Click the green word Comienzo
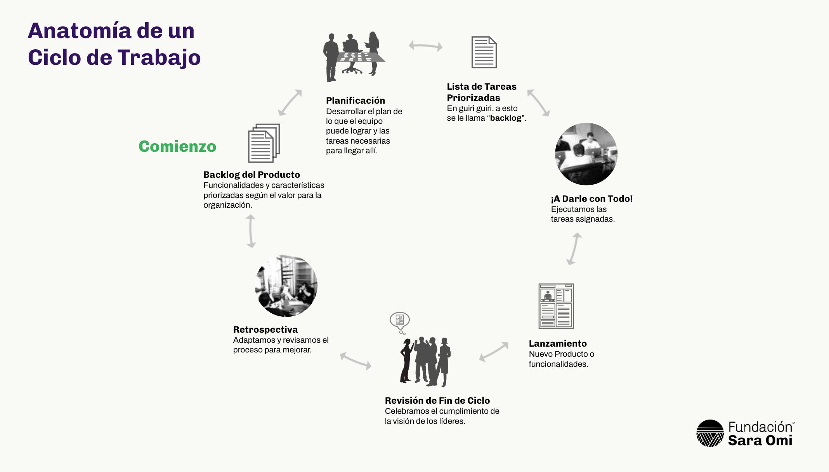(x=177, y=146)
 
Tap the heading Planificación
(x=355, y=101)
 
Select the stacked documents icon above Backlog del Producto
(x=264, y=143)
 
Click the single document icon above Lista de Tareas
(x=484, y=52)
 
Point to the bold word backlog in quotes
(x=505, y=118)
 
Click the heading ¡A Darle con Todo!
(x=591, y=199)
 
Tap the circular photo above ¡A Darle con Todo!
(x=586, y=154)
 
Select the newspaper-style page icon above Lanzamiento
(x=556, y=306)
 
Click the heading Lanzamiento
(x=557, y=344)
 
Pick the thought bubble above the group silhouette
(x=399, y=320)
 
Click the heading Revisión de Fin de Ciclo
(x=437, y=401)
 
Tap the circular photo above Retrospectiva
(x=286, y=286)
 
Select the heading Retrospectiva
(x=265, y=330)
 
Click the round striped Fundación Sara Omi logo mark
(x=710, y=433)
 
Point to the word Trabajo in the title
(x=159, y=57)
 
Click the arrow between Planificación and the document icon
(x=425, y=46)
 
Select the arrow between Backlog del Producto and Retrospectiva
(x=251, y=231)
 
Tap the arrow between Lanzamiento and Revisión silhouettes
(x=493, y=351)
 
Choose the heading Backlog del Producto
(x=251, y=175)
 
